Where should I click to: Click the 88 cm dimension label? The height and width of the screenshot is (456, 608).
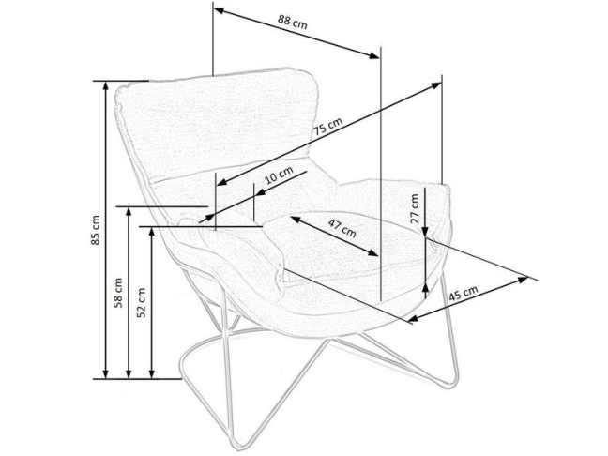[293, 24]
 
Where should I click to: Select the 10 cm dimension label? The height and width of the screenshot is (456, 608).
[279, 175]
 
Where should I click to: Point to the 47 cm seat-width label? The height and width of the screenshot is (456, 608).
[342, 228]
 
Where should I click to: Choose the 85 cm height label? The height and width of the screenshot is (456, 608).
[94, 230]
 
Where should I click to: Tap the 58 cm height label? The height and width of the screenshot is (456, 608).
[118, 292]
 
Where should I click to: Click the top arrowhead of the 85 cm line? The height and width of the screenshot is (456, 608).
[106, 84]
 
